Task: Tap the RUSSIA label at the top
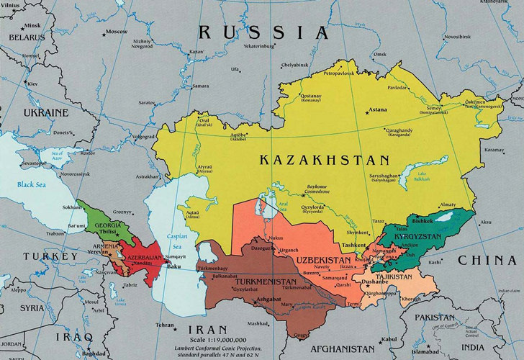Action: (x=263, y=32)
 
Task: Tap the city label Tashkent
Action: (x=353, y=245)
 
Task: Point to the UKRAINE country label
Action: (x=45, y=113)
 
